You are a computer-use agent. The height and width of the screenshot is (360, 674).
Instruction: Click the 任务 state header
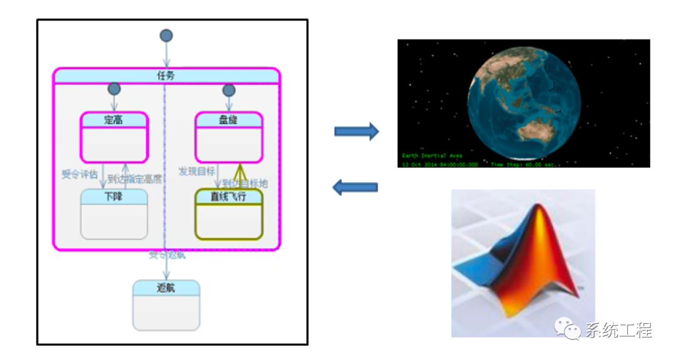[x=166, y=75]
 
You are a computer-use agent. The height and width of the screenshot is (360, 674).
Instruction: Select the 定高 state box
[x=114, y=137]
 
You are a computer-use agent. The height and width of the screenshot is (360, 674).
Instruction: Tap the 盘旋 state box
[x=228, y=137]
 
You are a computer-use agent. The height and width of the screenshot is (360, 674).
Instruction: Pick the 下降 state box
[x=114, y=213]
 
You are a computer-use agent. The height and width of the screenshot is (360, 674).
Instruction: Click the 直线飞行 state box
[x=228, y=213]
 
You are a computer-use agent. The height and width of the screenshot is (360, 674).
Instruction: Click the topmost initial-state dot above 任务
[x=166, y=36]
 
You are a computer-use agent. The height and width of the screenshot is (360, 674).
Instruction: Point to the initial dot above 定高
[x=114, y=89]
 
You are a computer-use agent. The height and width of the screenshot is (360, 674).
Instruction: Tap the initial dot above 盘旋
[x=228, y=90]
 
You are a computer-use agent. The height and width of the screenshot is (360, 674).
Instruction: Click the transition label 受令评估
[x=79, y=174]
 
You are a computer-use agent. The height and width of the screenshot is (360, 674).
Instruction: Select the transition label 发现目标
[x=197, y=171]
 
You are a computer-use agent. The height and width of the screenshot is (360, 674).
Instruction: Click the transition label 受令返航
[x=167, y=255]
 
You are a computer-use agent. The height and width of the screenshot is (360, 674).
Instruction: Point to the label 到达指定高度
[x=135, y=179]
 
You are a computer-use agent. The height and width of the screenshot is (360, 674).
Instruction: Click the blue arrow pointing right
[x=356, y=131]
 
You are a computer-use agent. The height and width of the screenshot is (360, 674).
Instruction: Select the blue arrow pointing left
[x=355, y=187]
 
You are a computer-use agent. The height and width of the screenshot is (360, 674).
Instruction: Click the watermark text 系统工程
[x=618, y=331]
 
